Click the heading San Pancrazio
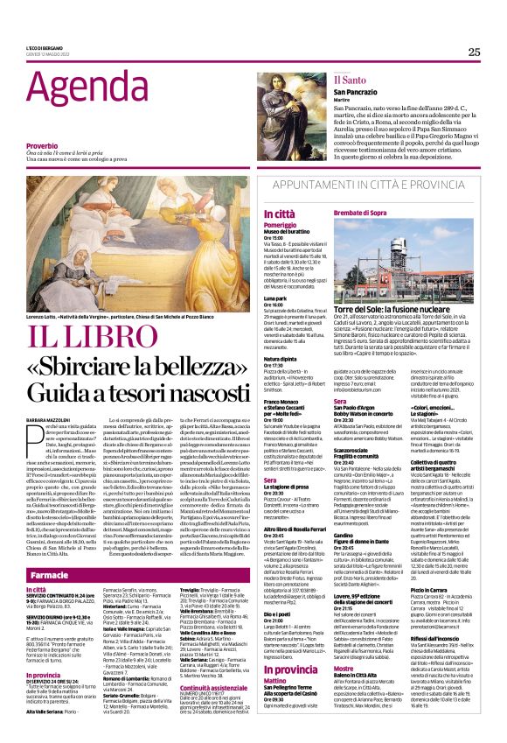click(x=353, y=90)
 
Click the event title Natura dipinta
click(x=281, y=359)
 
